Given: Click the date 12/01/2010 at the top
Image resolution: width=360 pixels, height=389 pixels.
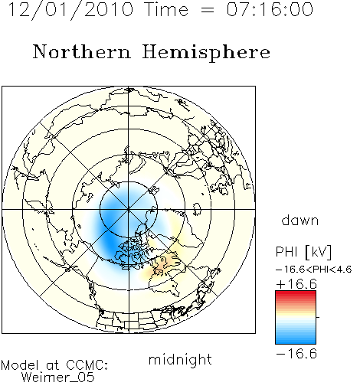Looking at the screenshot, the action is (x=70, y=10).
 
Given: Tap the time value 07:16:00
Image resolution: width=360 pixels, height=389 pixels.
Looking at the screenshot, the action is (x=270, y=10).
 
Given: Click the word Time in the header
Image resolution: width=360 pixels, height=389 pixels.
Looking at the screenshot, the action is (x=166, y=10).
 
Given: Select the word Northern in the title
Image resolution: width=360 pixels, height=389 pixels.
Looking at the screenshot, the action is (x=81, y=51).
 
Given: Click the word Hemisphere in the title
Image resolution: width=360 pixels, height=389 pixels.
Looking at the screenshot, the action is (x=206, y=53).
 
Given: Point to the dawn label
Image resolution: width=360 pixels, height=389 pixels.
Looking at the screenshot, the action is (x=300, y=221).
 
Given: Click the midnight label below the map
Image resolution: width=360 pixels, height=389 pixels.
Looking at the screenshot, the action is (x=180, y=360).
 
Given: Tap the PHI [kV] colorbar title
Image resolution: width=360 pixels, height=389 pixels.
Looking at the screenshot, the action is (x=303, y=252).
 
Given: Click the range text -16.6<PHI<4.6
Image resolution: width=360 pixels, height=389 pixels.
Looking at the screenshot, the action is (x=314, y=270).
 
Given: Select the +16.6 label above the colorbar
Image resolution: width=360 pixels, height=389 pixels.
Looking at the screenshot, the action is (x=296, y=284).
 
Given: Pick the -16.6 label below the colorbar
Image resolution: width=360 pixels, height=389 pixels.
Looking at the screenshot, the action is (x=296, y=354).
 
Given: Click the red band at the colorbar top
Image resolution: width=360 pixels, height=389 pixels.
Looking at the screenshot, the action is (x=296, y=294).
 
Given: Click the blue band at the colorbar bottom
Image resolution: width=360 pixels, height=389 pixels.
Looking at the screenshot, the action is (x=296, y=341).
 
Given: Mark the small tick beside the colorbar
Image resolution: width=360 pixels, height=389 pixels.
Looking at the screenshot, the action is (x=318, y=317).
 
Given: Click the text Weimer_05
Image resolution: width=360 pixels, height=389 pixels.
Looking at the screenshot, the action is (x=58, y=377).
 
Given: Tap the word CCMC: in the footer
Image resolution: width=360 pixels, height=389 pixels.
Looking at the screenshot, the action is (x=87, y=365).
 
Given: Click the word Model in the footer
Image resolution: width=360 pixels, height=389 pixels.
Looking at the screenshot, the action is (x=20, y=365).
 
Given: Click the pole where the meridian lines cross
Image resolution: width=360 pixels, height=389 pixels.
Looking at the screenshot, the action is (x=129, y=209).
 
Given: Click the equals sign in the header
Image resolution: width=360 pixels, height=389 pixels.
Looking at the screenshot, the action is (x=208, y=10).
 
